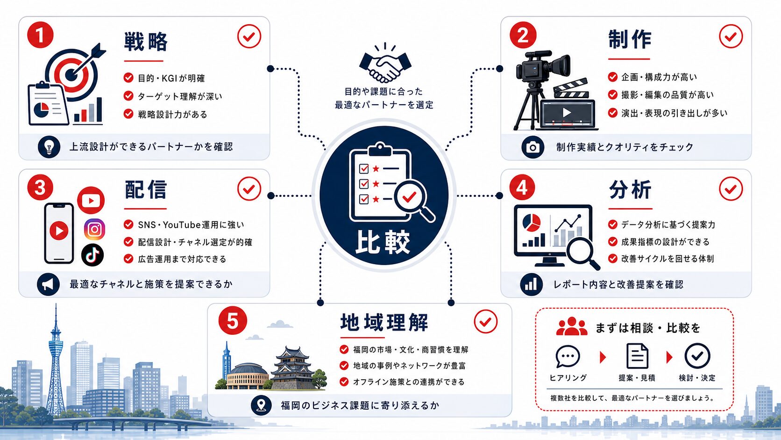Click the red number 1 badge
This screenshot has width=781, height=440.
[40, 35]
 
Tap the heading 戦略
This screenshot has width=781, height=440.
[146, 42]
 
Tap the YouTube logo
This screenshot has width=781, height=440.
[91, 200]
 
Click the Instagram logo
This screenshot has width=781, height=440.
[94, 229]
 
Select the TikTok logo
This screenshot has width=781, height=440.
[92, 255]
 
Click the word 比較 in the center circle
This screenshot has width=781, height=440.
[383, 242]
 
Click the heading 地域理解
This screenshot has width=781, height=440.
[384, 323]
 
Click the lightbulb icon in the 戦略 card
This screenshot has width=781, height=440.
[49, 147]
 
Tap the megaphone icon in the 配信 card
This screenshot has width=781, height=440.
[48, 284]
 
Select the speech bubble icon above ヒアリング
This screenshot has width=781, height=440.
[568, 356]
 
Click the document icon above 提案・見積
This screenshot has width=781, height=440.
[637, 356]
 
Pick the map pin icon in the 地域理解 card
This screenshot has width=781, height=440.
[261, 405]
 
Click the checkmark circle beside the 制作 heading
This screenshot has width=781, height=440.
[731, 36]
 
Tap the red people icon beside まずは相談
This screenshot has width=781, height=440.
[571, 326]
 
